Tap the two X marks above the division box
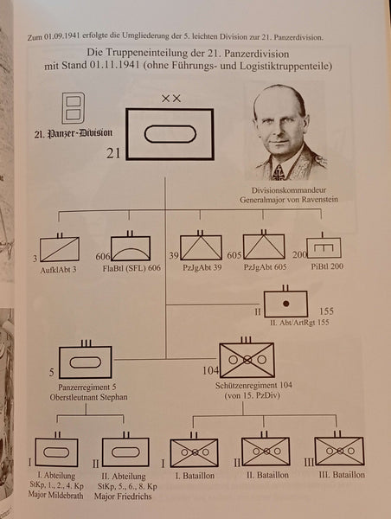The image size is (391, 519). point(171,99)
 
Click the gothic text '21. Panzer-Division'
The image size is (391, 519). point(74,133)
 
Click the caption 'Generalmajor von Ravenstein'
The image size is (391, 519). point(289,200)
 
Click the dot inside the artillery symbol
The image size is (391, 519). point(286,304)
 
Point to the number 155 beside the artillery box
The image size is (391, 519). point(326,311)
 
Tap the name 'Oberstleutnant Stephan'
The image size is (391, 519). point(88,397)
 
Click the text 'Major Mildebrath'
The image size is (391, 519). point(55,495)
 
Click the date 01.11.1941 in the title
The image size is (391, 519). point(114,65)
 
